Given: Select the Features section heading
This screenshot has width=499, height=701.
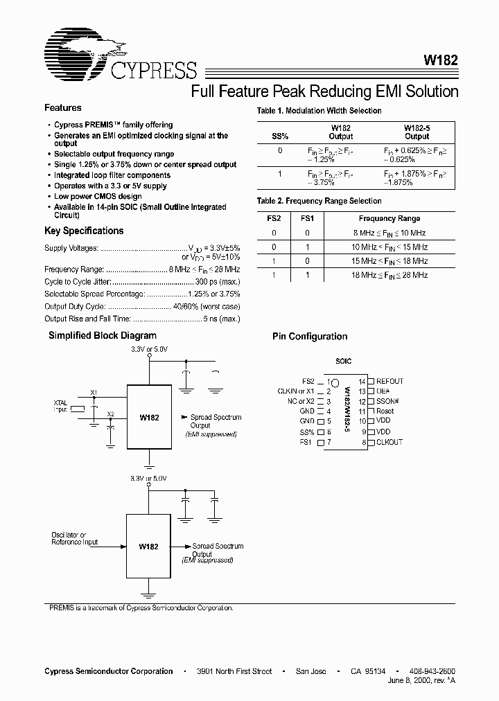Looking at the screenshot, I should click(x=63, y=108).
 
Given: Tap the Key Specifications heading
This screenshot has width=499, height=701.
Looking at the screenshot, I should click(x=84, y=231).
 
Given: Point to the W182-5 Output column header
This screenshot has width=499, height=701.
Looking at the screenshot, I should click(x=417, y=132).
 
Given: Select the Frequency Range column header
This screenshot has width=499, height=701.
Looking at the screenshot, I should click(x=389, y=218).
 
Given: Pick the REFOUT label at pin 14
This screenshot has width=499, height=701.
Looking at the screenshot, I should click(x=389, y=381).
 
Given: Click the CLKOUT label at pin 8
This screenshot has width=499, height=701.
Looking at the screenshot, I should click(x=389, y=442).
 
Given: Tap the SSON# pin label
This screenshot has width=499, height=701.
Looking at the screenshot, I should click(x=388, y=401).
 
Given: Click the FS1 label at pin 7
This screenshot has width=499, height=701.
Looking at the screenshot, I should click(x=307, y=442).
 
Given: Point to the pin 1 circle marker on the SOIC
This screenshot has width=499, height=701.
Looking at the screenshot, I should click(x=334, y=382).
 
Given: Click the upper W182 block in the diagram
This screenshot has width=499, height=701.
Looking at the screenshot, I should click(x=149, y=418).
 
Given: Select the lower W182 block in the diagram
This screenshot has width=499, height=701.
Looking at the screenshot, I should click(x=148, y=546).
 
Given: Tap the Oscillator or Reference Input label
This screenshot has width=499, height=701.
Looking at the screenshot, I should click(x=74, y=539).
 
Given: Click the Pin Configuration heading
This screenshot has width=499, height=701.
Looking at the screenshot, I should click(x=310, y=337).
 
